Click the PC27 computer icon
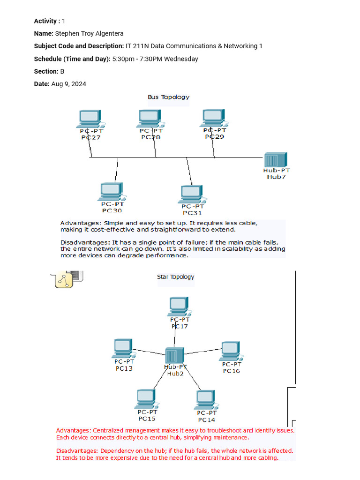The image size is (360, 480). click(90, 119)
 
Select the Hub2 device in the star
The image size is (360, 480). click(174, 355)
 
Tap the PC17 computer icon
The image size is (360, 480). click(180, 306)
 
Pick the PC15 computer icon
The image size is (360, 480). click(146, 399)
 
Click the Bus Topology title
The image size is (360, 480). click(169, 97)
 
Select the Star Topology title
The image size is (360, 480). click(175, 277)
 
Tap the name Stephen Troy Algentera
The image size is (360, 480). click(89, 33)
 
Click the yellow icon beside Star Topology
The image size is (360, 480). click(62, 279)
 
